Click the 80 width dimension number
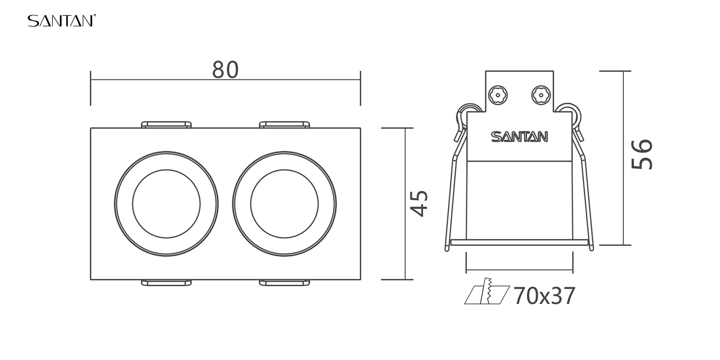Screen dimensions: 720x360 click(225, 70)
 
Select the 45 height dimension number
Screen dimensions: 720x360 click(419, 204)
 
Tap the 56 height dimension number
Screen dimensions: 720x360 click(642, 154)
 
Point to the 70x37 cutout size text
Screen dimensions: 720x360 click(544, 296)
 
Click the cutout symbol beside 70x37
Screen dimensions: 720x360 click(487, 291)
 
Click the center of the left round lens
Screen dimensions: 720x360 click(166, 204)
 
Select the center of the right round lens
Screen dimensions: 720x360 click(284, 204)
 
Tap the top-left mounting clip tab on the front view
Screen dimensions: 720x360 click(166, 124)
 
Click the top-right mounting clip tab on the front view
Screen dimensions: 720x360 click(285, 124)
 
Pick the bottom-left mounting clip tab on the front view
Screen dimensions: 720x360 click(166, 283)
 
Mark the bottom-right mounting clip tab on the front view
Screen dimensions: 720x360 click(285, 283)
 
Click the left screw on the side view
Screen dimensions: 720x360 click(498, 95)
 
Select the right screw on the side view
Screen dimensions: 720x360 click(541, 95)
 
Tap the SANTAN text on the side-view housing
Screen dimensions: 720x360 click(519, 137)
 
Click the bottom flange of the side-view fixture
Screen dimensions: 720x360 click(519, 242)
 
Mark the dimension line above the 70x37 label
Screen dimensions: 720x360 click(519, 269)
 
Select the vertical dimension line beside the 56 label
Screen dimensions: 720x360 click(624, 158)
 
